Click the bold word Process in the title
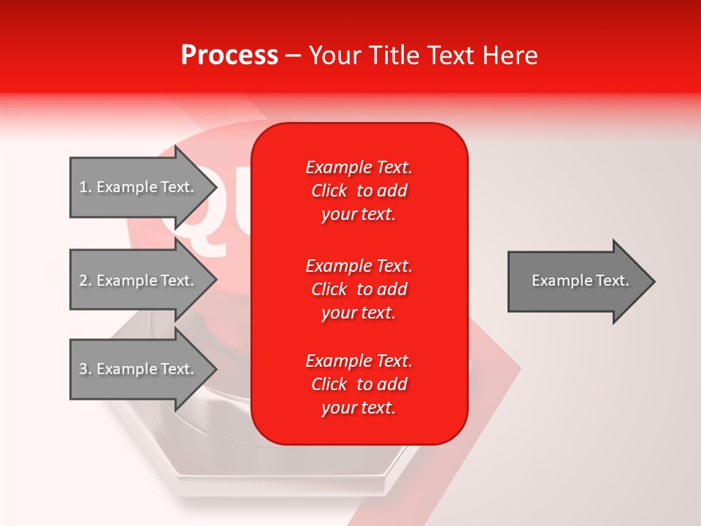coord(229,56)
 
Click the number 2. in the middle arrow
coord(85,281)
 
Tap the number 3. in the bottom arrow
coord(85,369)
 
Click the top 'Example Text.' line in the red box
coord(359,167)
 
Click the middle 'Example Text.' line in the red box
coord(359,265)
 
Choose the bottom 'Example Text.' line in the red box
coord(359,361)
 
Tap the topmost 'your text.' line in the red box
coord(359,215)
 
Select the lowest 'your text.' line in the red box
coord(359,408)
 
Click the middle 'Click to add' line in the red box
coord(359,289)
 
